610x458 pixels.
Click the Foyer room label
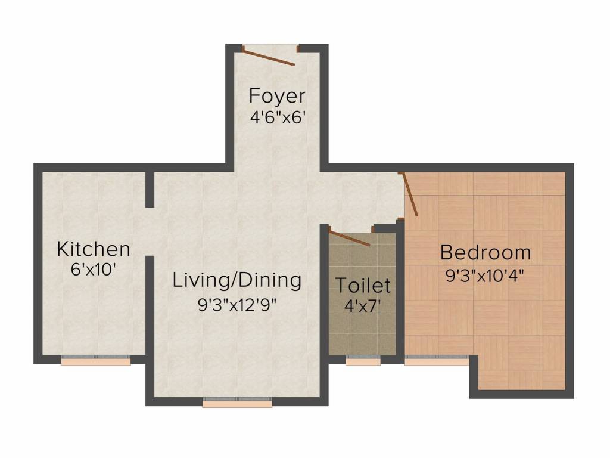click(x=277, y=96)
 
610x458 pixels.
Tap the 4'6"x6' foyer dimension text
click(x=276, y=117)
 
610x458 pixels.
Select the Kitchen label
click(x=94, y=249)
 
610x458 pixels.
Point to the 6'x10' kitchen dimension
click(x=94, y=270)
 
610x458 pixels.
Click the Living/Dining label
click(x=237, y=281)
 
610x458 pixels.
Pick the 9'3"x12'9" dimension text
click(x=237, y=305)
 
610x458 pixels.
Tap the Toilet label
click(x=363, y=285)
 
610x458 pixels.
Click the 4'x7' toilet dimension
click(x=363, y=306)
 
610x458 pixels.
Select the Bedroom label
click(x=485, y=252)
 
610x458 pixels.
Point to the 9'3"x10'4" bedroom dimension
click(x=485, y=276)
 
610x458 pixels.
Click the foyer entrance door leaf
click(x=269, y=57)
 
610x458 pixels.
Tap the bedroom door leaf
click(x=409, y=194)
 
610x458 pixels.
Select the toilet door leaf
click(x=349, y=238)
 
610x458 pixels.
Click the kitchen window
click(x=96, y=361)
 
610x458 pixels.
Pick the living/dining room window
click(x=237, y=403)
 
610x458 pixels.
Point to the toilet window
click(x=363, y=361)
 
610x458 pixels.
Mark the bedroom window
click(x=437, y=361)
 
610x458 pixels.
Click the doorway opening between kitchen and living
click(x=150, y=231)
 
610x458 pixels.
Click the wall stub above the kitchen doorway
click(x=150, y=189)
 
